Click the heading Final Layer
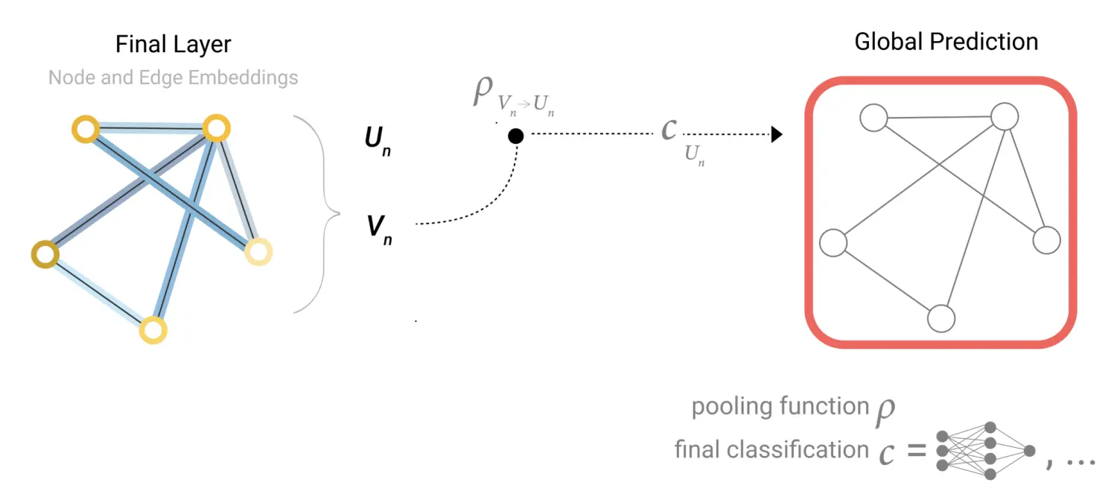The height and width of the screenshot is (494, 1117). [x=173, y=44]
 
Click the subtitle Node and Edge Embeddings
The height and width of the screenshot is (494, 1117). [x=173, y=77]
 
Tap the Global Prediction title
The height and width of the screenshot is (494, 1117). [x=946, y=42]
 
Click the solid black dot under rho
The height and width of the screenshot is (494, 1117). [x=515, y=136]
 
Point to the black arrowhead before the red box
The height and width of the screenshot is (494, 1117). [x=776, y=135]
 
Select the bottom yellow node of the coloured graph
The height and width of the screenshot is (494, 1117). [x=153, y=329]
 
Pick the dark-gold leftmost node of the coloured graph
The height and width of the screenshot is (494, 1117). [x=45, y=253]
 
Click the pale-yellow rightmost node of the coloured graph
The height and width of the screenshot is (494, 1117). [x=258, y=252]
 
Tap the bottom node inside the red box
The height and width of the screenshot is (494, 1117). [x=941, y=318]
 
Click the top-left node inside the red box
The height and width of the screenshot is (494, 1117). [x=873, y=118]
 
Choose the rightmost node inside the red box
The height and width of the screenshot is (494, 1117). [x=1046, y=240]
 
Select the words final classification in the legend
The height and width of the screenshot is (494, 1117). [x=771, y=450]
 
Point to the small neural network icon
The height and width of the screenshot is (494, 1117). [x=984, y=450]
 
